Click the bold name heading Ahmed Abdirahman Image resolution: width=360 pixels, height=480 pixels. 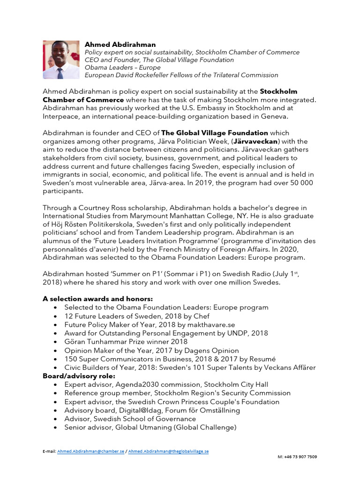[120, 45]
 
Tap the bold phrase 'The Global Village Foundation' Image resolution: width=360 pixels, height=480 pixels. [215, 133]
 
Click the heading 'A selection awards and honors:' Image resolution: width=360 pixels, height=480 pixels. [97, 299]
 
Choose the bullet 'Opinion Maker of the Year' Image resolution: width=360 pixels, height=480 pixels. [151, 350]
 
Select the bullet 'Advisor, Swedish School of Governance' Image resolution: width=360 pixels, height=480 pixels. [130, 419]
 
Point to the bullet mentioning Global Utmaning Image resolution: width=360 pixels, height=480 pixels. [150, 427]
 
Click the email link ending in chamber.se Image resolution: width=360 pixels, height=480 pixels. [90, 451]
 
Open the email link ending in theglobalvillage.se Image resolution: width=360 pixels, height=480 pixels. [169, 451]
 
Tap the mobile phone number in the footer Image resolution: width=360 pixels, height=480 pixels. [298, 456]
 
